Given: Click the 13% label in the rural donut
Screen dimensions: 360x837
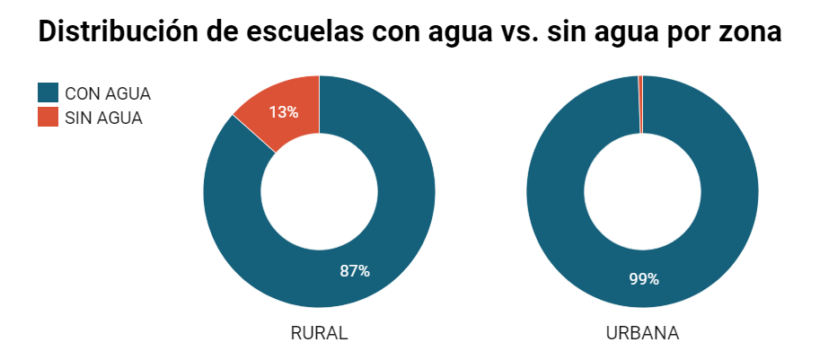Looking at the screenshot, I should coord(283,112).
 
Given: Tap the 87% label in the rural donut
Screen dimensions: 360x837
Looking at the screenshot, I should coord(355,271).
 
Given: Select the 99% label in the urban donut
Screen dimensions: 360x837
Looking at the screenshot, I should coord(644,279).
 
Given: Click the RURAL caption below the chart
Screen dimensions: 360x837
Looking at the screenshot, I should coord(319,333).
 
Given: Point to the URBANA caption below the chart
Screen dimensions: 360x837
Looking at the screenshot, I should coord(642,333).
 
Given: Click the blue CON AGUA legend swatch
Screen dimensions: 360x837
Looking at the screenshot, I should coord(48,92).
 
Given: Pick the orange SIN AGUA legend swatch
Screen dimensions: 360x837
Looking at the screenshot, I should coord(48,117).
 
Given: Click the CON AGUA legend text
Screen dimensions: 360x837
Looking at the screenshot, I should coord(108,93).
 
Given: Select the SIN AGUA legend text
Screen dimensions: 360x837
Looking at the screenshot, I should coord(104,118).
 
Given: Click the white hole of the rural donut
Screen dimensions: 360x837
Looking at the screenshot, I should coord(319,192).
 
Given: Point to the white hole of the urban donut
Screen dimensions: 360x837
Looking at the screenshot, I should coord(642,192).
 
